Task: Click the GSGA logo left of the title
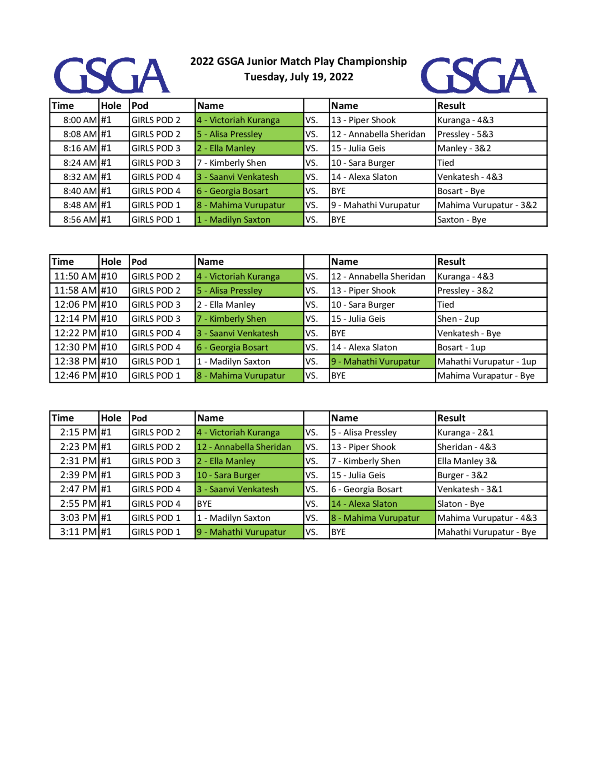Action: point(112,75)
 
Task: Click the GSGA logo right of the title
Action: point(478,75)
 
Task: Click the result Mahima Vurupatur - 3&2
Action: point(487,205)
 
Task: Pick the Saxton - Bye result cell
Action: point(461,220)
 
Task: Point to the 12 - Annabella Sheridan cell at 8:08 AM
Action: point(378,134)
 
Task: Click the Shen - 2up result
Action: point(458,319)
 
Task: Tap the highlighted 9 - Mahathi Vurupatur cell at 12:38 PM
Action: point(376,361)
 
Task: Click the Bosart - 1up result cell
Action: point(461,347)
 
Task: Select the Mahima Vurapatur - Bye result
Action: point(486,376)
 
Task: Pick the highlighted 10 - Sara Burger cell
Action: point(229,475)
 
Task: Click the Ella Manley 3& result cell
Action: point(467,461)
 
